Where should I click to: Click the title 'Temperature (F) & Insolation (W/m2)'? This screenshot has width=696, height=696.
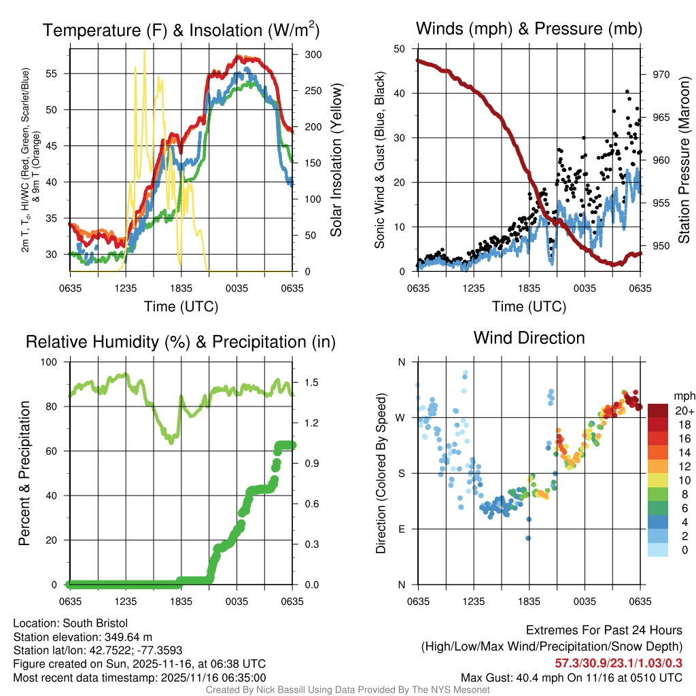pos(181,31)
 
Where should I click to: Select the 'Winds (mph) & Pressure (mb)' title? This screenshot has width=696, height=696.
pos(529,29)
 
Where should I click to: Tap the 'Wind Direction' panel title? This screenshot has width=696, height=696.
pos(529,338)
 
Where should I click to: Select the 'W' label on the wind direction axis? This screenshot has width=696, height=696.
pos(401,417)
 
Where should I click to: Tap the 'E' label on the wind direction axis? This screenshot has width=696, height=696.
pos(402,529)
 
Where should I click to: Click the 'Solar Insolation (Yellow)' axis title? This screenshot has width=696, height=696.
pos(335,160)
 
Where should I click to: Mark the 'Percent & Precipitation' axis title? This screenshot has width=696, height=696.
pos(24,473)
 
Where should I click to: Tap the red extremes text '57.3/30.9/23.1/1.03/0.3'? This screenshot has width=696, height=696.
pos(619,663)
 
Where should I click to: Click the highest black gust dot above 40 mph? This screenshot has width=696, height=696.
pos(627,91)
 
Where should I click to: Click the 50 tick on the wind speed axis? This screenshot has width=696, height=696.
pos(401,49)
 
